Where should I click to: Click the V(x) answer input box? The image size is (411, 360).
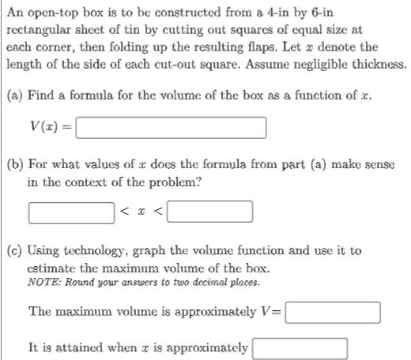pos(171,126)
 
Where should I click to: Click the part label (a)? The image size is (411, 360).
pos(13,96)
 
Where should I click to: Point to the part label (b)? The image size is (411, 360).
pos(13,164)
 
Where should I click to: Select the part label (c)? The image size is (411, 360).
pos(13,250)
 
